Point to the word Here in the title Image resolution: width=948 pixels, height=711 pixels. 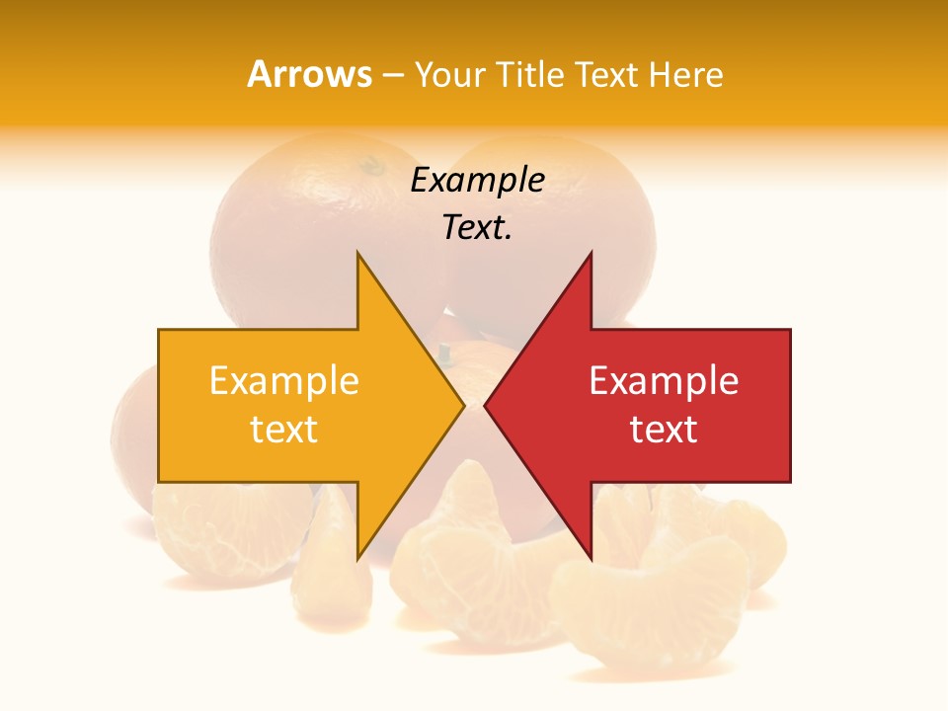[x=686, y=75]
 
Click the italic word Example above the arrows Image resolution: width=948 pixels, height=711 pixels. [x=478, y=181]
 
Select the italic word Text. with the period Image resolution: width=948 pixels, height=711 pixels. [x=478, y=228]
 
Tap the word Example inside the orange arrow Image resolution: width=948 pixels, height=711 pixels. [x=284, y=380]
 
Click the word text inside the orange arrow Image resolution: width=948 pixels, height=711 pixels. [x=284, y=430]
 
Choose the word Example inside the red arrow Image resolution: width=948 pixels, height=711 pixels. [x=664, y=380]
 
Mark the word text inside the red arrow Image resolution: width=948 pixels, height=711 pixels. [x=664, y=430]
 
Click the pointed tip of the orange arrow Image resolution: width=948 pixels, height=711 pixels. [x=464, y=405]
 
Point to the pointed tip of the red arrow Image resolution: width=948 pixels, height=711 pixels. [x=485, y=405]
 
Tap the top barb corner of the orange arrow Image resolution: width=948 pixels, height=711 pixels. [x=357, y=253]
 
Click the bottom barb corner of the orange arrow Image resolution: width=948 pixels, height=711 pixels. [x=357, y=559]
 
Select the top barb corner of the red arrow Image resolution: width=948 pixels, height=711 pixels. [x=592, y=253]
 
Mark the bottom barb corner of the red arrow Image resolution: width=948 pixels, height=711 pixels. [x=592, y=559]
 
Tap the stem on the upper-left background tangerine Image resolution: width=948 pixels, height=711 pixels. [x=371, y=165]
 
